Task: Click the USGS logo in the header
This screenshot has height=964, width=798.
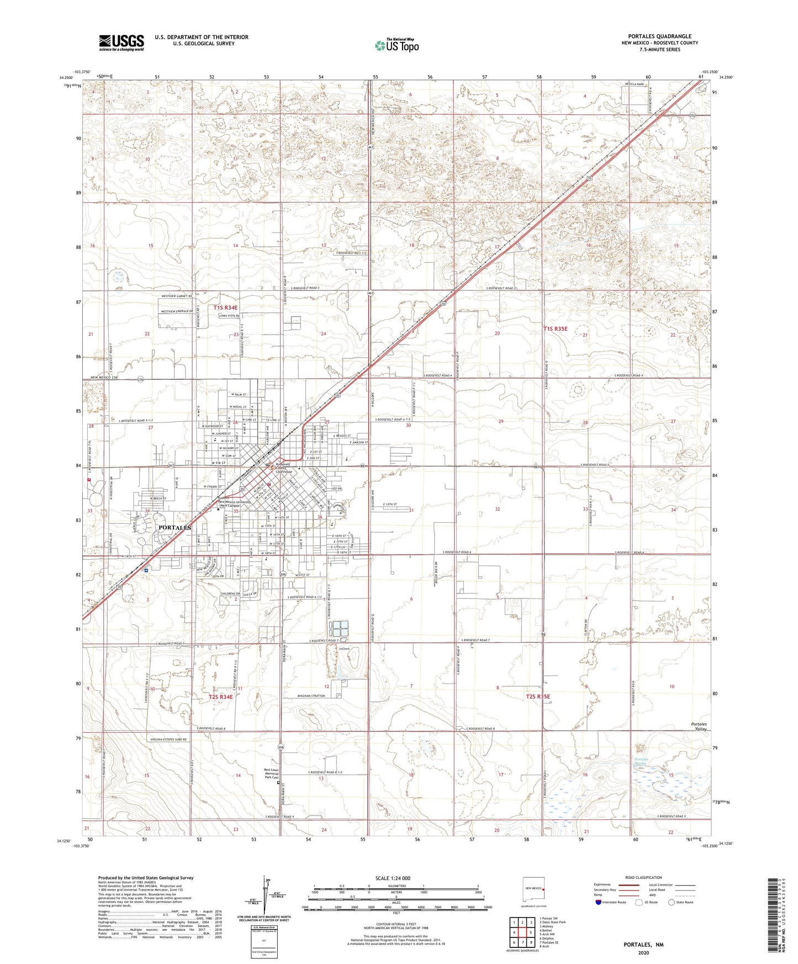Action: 121,43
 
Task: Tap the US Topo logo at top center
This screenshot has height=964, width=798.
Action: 397,45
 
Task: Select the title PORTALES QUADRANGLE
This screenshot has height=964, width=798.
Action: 659,36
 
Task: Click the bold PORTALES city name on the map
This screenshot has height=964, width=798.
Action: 175,528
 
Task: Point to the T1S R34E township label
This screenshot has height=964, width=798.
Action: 225,308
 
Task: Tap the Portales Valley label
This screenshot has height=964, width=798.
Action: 699,727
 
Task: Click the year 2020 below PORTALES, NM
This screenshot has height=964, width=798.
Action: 643,953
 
